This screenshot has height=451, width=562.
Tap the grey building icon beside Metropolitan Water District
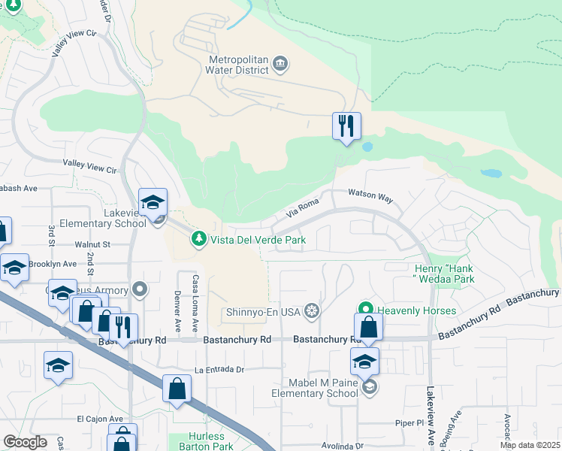(x=280, y=63)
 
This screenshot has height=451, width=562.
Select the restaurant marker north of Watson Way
(x=346, y=126)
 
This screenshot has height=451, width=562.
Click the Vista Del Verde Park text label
(x=258, y=240)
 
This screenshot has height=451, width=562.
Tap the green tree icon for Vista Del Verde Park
(x=198, y=239)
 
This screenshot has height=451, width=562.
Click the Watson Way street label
(x=370, y=197)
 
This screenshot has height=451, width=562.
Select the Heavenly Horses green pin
(x=366, y=310)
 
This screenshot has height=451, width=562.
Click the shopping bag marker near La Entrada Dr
(x=177, y=389)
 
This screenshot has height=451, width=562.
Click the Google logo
(x=25, y=442)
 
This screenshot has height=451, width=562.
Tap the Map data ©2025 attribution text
(x=529, y=445)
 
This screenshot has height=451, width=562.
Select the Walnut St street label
(x=92, y=244)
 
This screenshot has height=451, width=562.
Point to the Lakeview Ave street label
(x=431, y=416)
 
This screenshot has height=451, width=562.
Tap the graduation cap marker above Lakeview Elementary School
(x=153, y=201)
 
